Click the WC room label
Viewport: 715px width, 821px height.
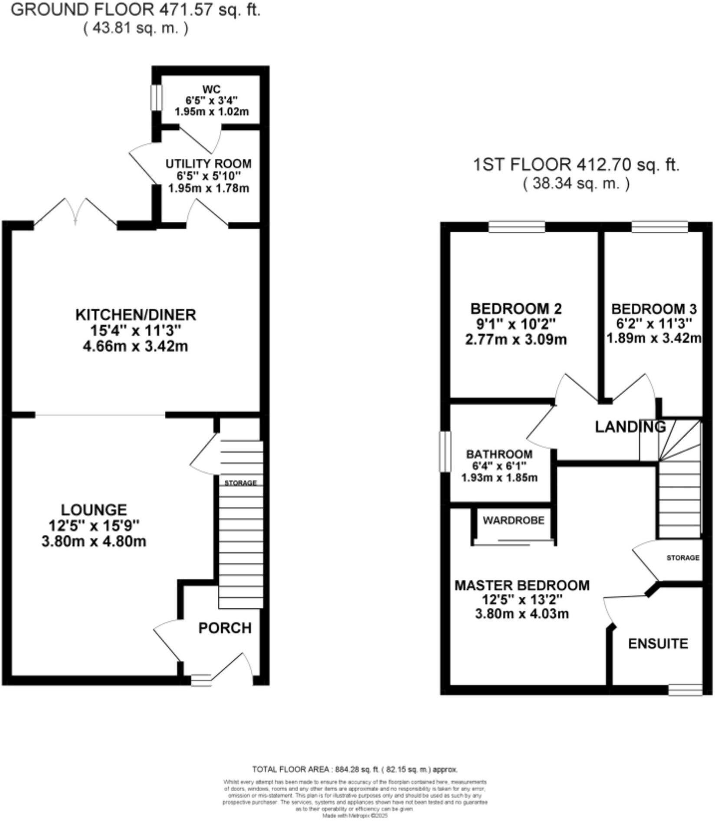[211, 90]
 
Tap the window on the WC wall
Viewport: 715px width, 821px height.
[156, 98]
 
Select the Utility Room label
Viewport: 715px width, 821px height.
[208, 164]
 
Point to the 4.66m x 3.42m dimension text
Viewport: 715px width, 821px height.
[135, 346]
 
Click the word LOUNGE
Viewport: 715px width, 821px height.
[94, 509]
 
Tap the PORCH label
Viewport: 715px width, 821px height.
[225, 628]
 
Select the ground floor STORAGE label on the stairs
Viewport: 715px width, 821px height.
[240, 483]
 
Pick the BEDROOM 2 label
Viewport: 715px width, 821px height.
[516, 309]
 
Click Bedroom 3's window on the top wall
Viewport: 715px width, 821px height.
[659, 227]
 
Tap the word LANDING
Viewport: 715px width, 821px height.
[630, 427]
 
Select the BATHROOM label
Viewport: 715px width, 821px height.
[499, 454]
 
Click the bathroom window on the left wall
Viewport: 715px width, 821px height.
[445, 451]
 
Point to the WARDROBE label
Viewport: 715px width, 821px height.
[513, 520]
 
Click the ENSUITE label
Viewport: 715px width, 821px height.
[658, 643]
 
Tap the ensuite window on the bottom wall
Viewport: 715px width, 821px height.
[685, 689]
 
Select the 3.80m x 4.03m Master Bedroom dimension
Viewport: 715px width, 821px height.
[522, 614]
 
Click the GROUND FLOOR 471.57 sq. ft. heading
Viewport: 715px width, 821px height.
[135, 10]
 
